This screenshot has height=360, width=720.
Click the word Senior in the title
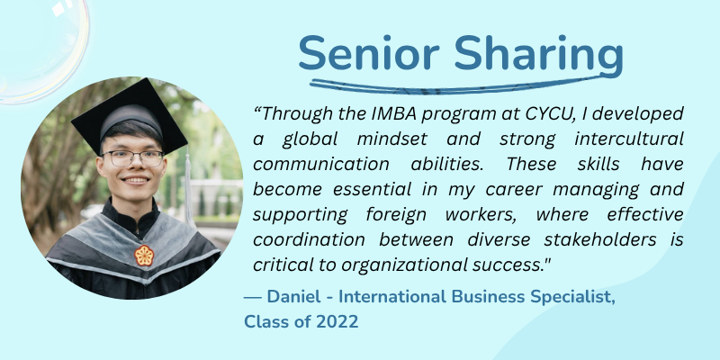click(369, 53)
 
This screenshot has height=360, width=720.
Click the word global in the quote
click(310, 139)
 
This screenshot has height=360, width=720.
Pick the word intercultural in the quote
click(628, 139)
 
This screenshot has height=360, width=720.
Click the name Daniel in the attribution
click(293, 297)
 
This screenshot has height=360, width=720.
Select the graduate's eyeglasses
click(132, 158)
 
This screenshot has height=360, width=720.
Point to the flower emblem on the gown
click(144, 256)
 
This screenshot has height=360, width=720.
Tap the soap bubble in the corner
click(43, 50)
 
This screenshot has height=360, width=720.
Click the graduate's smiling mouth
click(134, 181)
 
